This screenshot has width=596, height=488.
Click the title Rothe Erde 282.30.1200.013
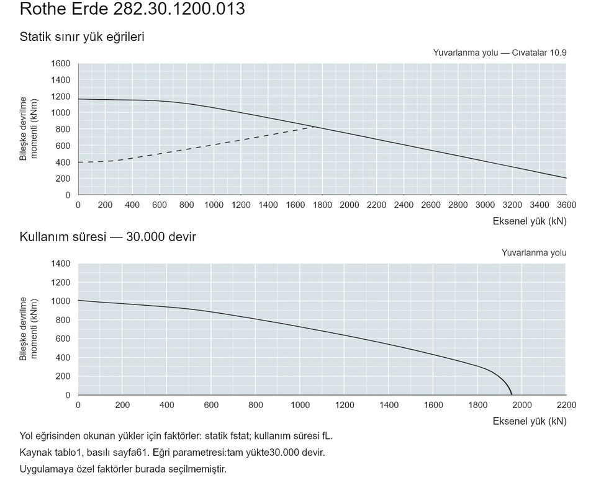(x=132, y=8)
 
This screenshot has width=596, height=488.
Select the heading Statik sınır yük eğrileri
(x=82, y=37)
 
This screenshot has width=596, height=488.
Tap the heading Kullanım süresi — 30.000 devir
(x=108, y=237)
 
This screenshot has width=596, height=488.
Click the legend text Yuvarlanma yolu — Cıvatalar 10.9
(x=499, y=53)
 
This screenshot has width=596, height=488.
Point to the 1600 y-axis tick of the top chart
(x=61, y=63)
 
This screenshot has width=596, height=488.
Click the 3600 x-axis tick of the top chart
(x=566, y=205)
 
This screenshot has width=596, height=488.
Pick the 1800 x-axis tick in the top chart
(x=322, y=205)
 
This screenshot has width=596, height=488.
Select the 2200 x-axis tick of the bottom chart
(x=566, y=405)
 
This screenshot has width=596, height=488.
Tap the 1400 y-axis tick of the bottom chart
(x=61, y=264)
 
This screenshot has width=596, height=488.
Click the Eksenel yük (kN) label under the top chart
(x=530, y=221)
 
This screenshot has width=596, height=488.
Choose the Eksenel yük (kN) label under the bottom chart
(x=530, y=421)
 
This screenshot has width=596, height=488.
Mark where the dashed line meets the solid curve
(x=314, y=127)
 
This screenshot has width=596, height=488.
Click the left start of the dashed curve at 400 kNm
(x=78, y=162)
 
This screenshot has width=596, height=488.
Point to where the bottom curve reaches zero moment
(x=512, y=395)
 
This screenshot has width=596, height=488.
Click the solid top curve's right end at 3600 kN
(x=566, y=178)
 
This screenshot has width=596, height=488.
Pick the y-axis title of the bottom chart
(x=29, y=329)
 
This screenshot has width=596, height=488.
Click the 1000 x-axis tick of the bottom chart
(x=300, y=405)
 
